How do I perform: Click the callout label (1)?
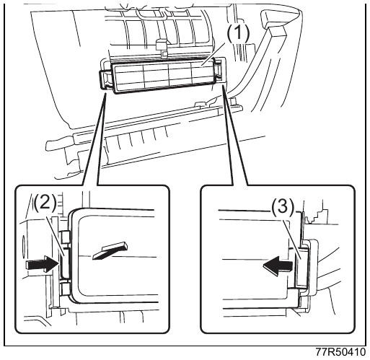[238, 33]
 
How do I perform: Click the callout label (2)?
[45, 202]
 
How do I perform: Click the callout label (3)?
[283, 207]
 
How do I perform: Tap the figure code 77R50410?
[340, 352]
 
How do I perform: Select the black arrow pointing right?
[43, 265]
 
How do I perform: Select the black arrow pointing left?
[278, 266]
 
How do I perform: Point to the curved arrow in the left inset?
[110, 251]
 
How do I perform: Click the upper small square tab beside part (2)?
[66, 237]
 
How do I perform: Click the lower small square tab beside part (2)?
[66, 289]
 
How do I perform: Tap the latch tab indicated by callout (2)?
[65, 263]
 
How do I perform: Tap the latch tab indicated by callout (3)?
[301, 267]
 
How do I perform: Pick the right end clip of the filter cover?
[219, 70]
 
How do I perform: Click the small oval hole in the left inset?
[24, 247]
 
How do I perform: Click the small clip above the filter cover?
[161, 47]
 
